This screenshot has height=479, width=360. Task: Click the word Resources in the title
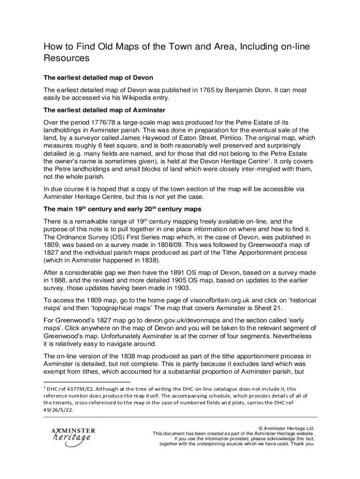pyautogui.click(x=66, y=58)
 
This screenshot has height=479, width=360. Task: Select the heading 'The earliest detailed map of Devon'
pyautogui.click(x=98, y=77)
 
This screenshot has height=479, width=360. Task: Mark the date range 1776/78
pyautogui.click(x=94, y=123)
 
